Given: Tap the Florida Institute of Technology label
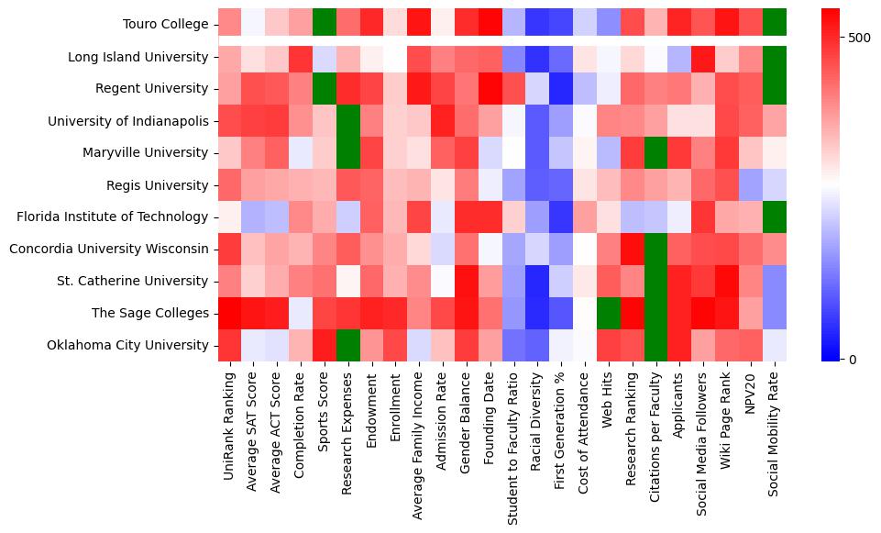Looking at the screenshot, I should point(113,217).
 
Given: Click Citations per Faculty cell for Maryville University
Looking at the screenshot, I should point(656,152).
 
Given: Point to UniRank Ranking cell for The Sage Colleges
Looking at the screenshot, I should point(229,313).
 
